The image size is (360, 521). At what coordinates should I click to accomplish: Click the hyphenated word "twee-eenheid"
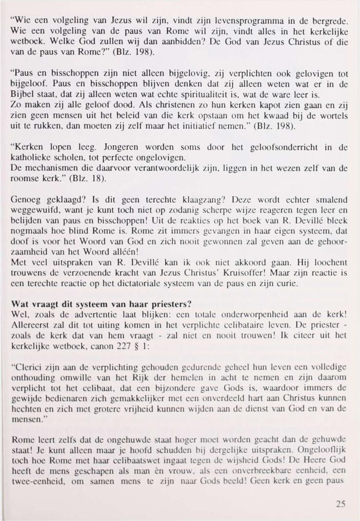coord(35,484)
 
